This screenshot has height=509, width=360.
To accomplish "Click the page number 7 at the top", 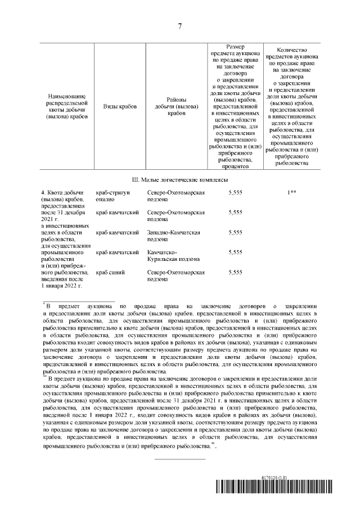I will pos(180,27).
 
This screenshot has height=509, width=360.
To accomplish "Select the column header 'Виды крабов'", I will pos(120,106).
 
